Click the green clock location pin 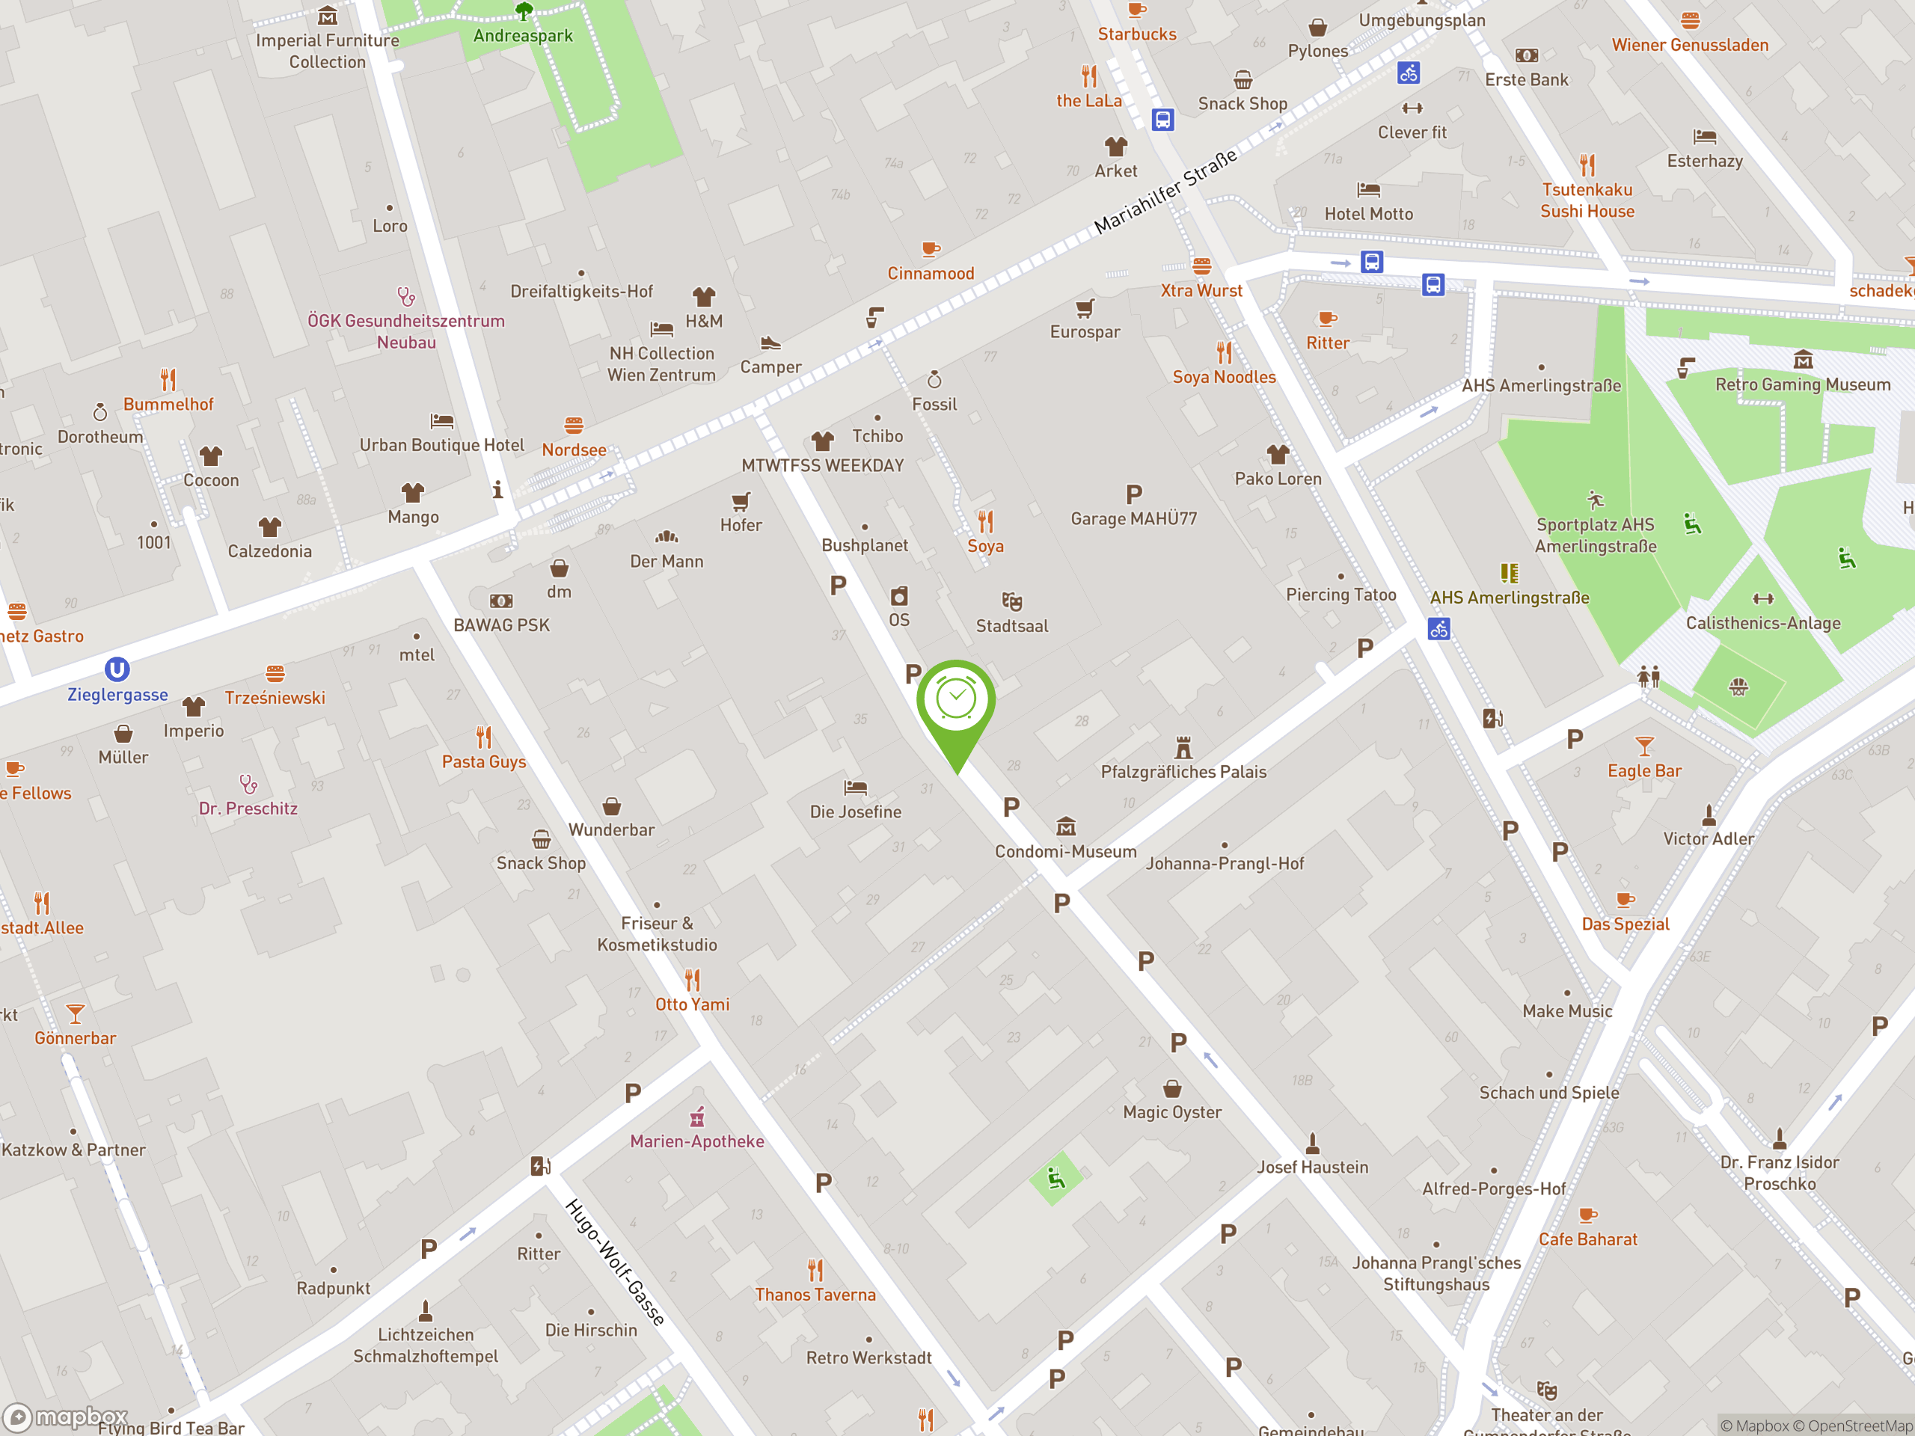point(956,701)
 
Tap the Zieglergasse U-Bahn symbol point(117,669)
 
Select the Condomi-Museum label point(1065,852)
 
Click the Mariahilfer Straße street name point(1165,192)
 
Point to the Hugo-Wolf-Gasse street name point(615,1261)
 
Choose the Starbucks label point(1137,34)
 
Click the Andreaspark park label point(523,35)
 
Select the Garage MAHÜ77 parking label point(1133,518)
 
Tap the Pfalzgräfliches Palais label point(1183,772)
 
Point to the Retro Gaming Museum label point(1803,384)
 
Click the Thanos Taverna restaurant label point(815,1295)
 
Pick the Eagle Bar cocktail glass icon point(1644,745)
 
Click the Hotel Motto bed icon point(1368,189)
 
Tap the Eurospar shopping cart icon point(1085,308)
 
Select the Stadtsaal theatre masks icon point(1011,601)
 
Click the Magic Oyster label point(1172,1112)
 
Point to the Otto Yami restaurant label point(692,1004)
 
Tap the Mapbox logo point(65,1416)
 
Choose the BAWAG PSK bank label point(501,625)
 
